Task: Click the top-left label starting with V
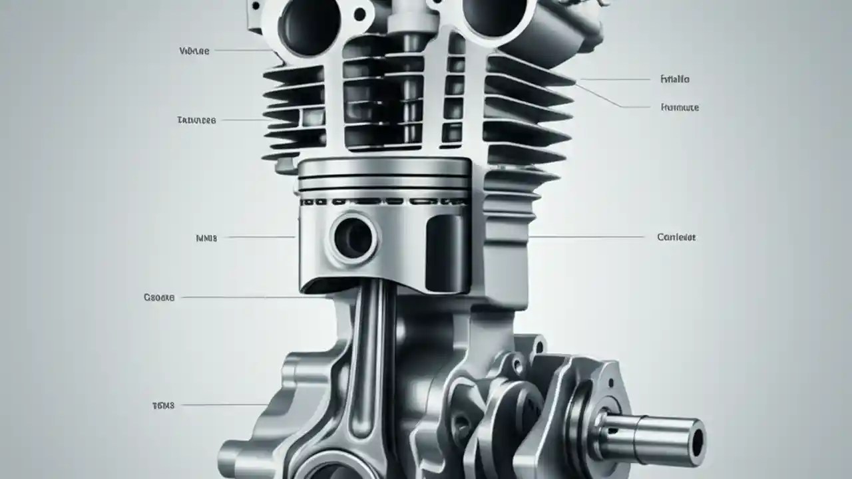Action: [194, 51]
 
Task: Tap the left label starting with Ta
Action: [196, 120]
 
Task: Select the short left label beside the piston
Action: [206, 237]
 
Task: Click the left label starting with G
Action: [159, 297]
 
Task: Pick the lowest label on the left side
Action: [163, 405]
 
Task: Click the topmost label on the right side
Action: [674, 79]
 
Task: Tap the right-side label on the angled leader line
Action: [680, 107]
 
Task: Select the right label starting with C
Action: [676, 237]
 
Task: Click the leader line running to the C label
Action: [586, 237]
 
